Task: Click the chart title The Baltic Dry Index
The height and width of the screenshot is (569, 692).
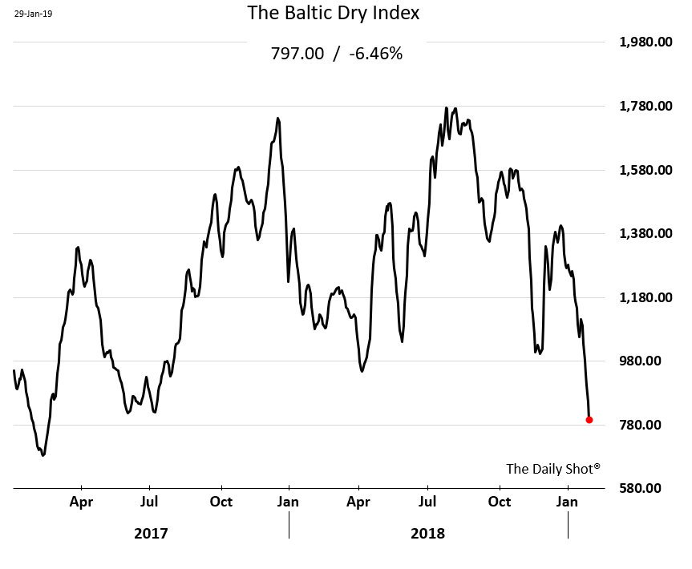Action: tap(333, 14)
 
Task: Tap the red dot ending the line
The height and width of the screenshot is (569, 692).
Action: tap(589, 419)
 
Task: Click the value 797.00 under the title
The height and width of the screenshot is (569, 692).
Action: tap(298, 54)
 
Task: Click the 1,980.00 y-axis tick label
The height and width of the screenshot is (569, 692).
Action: tap(645, 42)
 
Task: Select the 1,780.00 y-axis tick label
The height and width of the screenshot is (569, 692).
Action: tap(645, 107)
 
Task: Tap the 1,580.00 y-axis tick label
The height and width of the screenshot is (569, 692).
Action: tap(645, 170)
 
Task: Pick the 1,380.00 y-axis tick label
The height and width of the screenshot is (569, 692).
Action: tap(645, 234)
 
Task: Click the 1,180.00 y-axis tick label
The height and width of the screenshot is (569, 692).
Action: tap(645, 297)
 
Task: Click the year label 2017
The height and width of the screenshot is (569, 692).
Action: tap(151, 533)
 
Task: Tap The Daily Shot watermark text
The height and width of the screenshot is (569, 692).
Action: tap(552, 469)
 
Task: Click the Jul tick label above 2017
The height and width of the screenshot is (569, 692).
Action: tap(149, 502)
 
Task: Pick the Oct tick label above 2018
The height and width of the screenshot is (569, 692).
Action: tap(499, 502)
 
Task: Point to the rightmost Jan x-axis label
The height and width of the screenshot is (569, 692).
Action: tap(568, 502)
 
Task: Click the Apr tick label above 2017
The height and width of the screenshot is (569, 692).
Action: tap(81, 502)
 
